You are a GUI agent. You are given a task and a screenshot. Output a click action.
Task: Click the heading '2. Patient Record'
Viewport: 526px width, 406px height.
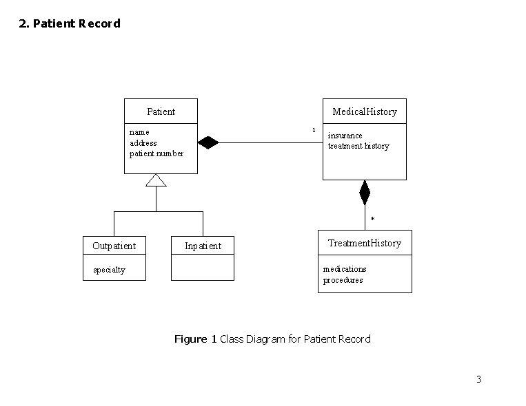coord(70,23)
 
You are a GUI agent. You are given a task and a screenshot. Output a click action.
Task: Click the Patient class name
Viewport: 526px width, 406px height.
coord(161,111)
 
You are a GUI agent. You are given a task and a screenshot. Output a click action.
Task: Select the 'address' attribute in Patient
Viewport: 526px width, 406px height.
coord(143,142)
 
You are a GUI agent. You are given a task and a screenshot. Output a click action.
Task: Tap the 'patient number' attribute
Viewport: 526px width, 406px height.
coord(156,153)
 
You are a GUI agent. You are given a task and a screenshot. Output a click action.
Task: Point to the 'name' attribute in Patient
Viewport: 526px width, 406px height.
coord(139,131)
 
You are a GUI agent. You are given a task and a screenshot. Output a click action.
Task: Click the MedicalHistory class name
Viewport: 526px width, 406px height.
coord(365,111)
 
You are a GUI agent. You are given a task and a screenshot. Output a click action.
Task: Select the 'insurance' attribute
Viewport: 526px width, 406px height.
coord(345,136)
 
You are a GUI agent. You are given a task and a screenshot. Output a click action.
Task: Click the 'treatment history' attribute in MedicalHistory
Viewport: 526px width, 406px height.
coord(358,146)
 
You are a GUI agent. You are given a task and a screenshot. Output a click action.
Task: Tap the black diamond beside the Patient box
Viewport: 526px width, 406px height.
coord(208,143)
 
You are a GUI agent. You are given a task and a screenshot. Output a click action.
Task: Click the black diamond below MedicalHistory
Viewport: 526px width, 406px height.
coord(365,193)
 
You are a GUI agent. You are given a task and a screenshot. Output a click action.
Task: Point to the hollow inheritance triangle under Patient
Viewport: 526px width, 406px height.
coord(156,180)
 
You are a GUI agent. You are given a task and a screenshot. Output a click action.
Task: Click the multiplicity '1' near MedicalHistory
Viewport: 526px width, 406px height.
coord(313,130)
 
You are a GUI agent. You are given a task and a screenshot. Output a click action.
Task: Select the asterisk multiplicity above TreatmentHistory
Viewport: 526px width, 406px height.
coord(373,220)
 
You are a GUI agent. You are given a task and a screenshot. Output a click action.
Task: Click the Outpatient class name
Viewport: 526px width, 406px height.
coord(114,246)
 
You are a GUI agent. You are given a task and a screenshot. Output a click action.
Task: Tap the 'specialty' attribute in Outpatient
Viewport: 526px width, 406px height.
coord(109,269)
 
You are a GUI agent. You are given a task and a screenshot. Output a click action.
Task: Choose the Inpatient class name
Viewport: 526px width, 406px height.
coord(203,246)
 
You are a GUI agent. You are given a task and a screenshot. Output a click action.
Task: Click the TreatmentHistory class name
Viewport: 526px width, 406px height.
coord(365,243)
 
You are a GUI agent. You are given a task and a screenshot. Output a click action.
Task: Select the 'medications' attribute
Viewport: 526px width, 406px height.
coord(345,269)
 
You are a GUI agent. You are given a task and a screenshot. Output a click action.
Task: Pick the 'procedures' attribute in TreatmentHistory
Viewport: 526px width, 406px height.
coord(343,280)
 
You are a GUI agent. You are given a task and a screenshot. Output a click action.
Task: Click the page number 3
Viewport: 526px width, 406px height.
coord(478,379)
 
